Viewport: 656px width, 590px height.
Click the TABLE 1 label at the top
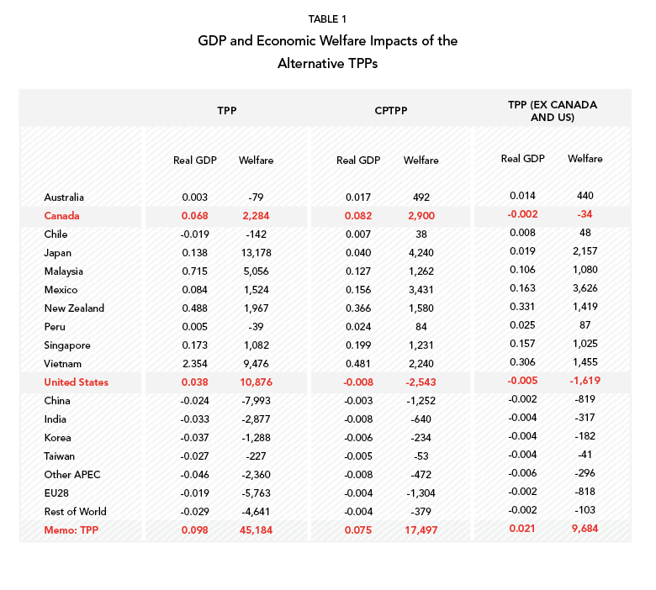pos(328,19)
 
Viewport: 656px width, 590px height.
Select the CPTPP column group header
pos(391,111)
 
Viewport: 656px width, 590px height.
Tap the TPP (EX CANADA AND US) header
pos(553,111)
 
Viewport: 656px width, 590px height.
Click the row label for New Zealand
pos(74,308)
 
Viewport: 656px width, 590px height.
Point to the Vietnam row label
pos(63,364)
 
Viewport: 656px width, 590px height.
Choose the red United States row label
pos(77,382)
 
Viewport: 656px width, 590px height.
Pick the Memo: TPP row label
pos(71,530)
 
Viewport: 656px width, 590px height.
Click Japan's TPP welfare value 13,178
pos(256,253)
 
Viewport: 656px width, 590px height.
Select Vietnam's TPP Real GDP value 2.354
pos(195,364)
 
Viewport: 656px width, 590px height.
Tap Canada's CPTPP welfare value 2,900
pos(421,216)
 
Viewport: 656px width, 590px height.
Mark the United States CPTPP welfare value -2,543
pos(421,382)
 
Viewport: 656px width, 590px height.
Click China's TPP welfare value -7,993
pos(256,401)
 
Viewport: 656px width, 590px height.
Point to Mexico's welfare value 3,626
pos(585,288)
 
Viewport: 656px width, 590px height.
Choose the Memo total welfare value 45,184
pos(256,530)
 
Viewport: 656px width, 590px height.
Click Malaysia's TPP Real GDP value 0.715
pos(195,271)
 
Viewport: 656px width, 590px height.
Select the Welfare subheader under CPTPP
pos(421,161)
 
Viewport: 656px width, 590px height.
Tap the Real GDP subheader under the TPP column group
pos(195,161)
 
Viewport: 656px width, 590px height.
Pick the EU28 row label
pos(56,493)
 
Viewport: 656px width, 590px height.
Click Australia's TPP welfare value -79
pos(256,198)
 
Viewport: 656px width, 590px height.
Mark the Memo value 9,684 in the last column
pos(585,529)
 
